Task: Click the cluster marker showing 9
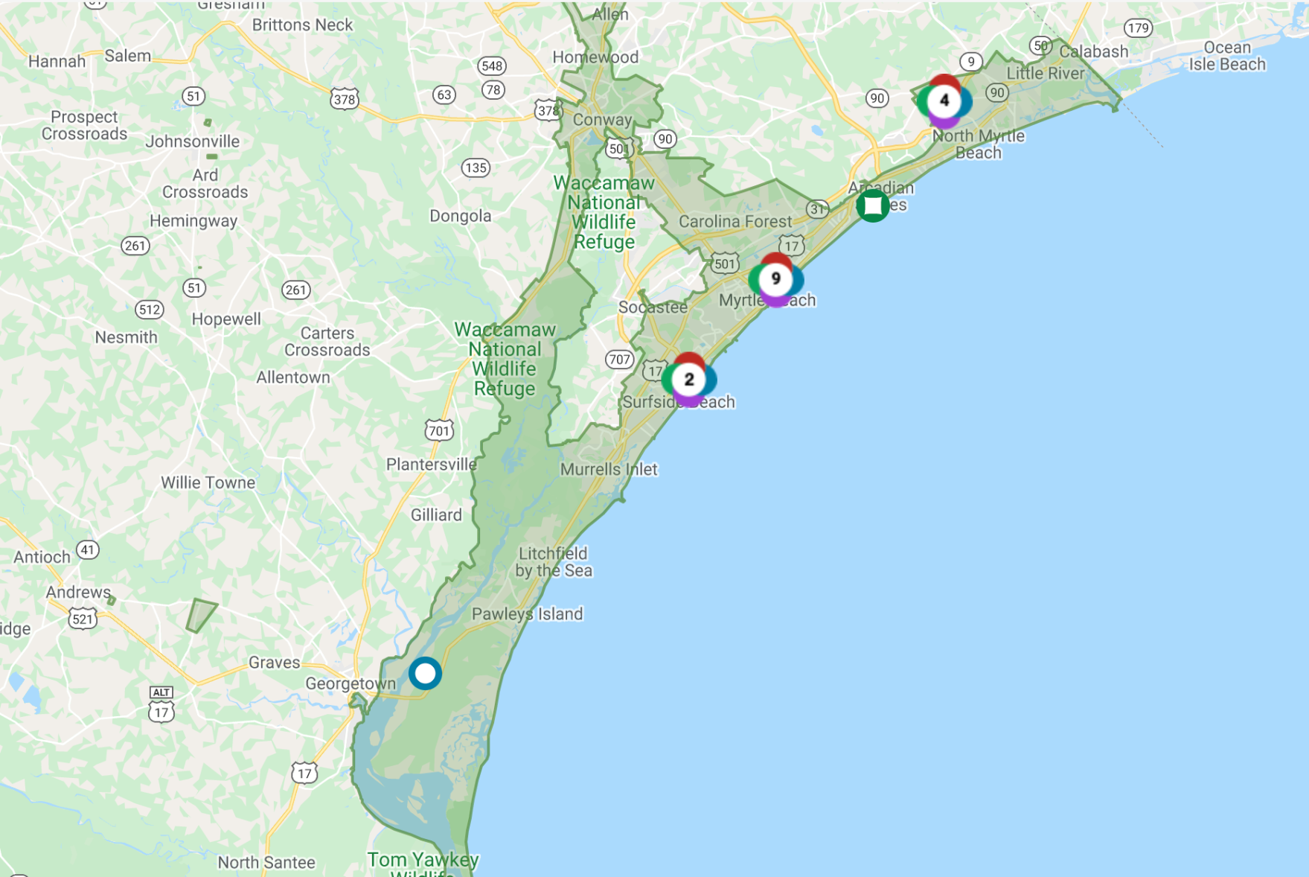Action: pos(775,279)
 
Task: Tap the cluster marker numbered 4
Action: pos(944,101)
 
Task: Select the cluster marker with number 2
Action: pos(689,380)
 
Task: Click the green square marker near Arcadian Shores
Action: pos(872,205)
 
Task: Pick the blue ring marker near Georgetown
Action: pos(425,674)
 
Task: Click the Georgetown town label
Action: pos(351,683)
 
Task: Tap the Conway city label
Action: pos(602,120)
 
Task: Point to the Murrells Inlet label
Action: pos(609,470)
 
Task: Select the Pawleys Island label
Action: pos(527,614)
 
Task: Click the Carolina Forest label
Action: pos(735,222)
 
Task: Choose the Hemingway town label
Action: pos(193,221)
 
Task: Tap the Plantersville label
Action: pos(431,465)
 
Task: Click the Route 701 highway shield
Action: pos(439,430)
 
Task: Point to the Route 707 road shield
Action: pos(619,360)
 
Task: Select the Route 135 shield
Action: pos(476,168)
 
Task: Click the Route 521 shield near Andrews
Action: pos(83,618)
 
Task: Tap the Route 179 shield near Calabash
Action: pos(1138,28)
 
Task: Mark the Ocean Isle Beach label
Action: pos(1227,56)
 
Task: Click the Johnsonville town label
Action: pos(193,141)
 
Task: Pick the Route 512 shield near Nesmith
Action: pos(149,310)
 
